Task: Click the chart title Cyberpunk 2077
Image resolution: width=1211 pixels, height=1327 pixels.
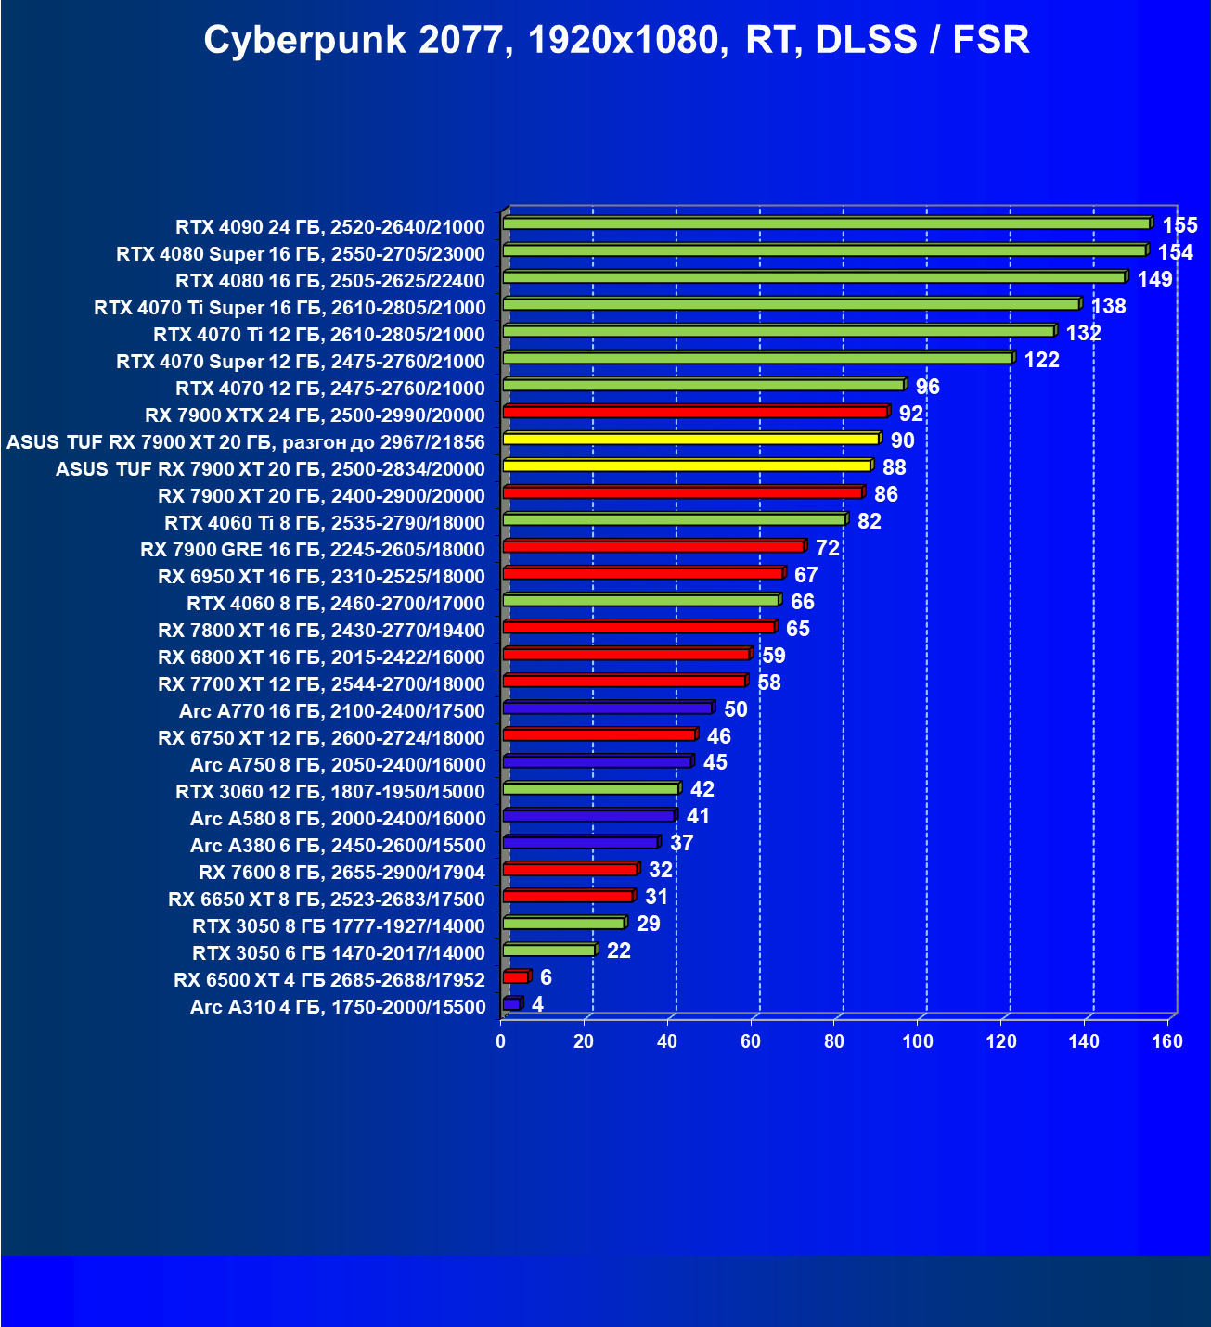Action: click(x=616, y=41)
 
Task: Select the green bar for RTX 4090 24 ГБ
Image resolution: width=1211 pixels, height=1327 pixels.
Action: click(x=826, y=223)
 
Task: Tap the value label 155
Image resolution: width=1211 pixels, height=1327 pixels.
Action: click(x=1179, y=225)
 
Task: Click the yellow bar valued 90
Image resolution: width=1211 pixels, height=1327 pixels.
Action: click(x=690, y=439)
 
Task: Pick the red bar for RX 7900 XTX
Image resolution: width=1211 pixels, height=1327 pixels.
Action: click(x=695, y=412)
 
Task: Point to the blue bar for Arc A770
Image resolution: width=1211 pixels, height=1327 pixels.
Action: click(x=607, y=708)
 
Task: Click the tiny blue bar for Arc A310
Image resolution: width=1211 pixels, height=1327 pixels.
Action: click(x=511, y=1004)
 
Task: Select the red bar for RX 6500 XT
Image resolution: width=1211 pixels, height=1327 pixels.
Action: click(x=515, y=977)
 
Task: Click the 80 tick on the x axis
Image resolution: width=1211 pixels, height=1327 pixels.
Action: click(x=834, y=1041)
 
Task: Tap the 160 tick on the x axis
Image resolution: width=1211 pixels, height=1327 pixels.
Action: click(x=1167, y=1041)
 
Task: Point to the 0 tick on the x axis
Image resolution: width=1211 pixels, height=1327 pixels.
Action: click(x=501, y=1041)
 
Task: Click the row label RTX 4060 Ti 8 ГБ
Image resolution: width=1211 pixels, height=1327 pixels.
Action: click(x=325, y=522)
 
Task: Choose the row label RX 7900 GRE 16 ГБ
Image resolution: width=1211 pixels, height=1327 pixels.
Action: click(x=313, y=550)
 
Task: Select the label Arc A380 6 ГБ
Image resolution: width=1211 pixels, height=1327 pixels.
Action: click(x=338, y=846)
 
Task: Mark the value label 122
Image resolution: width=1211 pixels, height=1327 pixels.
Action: click(x=1041, y=360)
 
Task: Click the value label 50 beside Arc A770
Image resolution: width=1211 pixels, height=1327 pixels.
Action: click(x=736, y=709)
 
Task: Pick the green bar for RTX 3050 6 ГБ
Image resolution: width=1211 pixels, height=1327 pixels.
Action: click(x=548, y=951)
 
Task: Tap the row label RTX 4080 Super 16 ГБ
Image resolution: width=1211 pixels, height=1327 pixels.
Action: click(x=301, y=254)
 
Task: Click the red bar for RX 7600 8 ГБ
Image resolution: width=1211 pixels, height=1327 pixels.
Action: click(x=570, y=870)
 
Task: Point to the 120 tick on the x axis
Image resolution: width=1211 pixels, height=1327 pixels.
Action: click(x=1001, y=1041)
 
